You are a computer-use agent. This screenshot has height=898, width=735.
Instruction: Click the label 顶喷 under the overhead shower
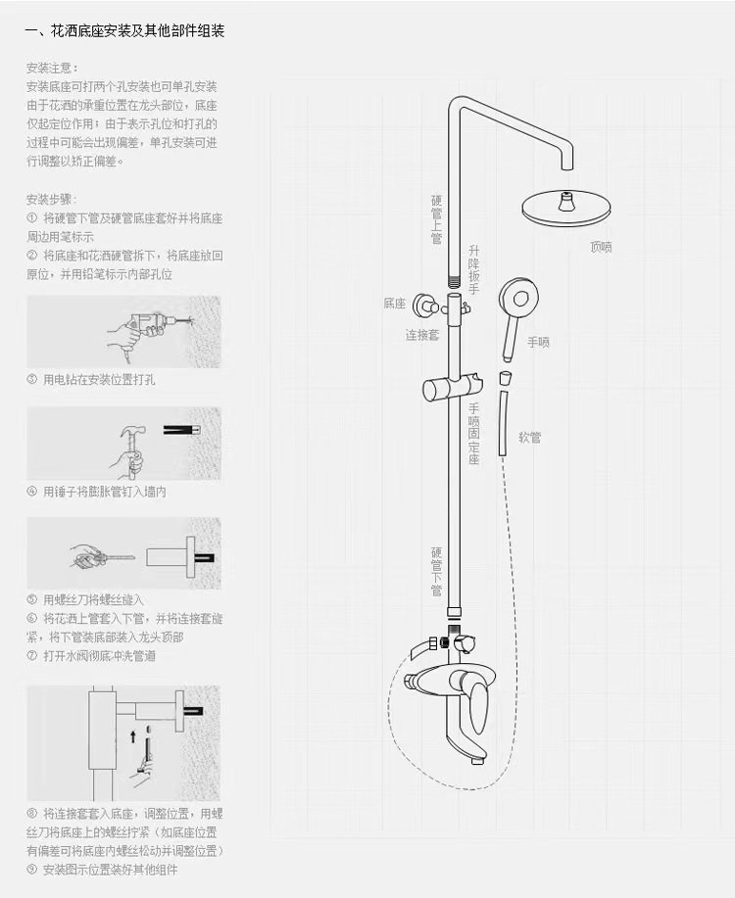601,248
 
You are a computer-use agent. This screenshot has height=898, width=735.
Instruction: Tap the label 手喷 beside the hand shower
539,342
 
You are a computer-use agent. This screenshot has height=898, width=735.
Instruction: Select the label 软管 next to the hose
529,439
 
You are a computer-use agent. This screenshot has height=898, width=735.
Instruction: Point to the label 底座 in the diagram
394,305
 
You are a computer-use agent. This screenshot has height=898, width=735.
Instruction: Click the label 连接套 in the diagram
423,335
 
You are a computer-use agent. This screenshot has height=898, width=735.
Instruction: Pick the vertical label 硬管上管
437,219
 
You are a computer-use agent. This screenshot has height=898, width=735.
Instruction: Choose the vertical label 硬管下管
437,572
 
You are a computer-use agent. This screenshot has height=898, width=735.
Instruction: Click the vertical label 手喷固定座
474,434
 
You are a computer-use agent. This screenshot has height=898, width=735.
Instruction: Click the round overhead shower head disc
565,208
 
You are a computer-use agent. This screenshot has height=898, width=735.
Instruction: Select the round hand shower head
516,297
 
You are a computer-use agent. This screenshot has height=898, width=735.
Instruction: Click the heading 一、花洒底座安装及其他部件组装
124,31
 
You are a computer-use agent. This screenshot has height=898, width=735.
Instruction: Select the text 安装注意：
52,69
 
